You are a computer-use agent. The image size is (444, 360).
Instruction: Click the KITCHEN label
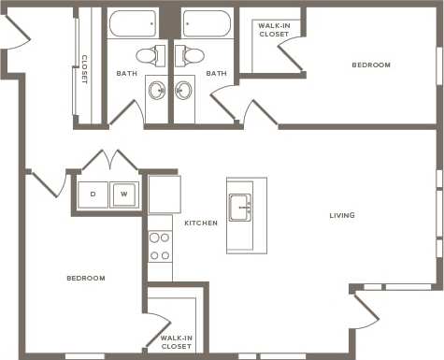click(201, 223)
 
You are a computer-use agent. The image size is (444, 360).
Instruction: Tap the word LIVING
click(342, 216)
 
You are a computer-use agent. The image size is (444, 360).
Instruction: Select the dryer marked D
click(93, 194)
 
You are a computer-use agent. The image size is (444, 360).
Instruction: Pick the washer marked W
click(124, 194)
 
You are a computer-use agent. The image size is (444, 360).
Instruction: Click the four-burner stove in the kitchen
click(160, 245)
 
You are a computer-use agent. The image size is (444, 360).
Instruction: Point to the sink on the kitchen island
click(240, 207)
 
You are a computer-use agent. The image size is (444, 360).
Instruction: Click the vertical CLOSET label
click(84, 69)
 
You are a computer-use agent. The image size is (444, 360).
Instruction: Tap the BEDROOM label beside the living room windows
click(371, 65)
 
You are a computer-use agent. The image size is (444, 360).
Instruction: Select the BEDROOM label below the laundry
click(86, 278)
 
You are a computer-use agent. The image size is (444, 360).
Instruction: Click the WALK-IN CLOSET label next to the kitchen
click(176, 341)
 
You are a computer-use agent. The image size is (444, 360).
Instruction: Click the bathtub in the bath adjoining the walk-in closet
click(207, 22)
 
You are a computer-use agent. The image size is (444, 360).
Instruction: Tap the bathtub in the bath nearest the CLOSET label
click(133, 22)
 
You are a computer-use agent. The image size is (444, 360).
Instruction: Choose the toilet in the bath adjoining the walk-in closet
click(193, 55)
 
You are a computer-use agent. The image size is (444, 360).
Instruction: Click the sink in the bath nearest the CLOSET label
click(157, 91)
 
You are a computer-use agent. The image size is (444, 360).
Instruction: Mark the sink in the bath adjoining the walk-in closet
click(184, 91)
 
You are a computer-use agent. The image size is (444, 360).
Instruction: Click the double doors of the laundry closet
click(111, 161)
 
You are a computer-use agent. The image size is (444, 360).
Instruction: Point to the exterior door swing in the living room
click(364, 309)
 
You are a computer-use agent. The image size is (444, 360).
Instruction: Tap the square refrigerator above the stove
click(165, 194)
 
